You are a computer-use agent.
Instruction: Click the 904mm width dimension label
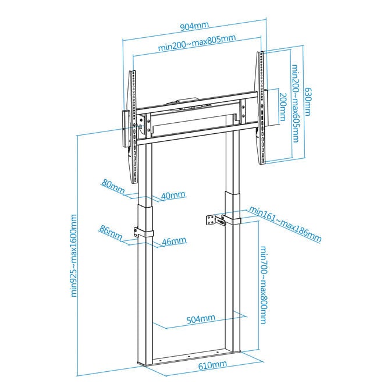pos(194,26)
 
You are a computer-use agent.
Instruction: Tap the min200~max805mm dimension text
pos(197,42)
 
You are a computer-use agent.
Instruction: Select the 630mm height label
pos(308,101)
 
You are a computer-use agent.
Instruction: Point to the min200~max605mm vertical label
pos(295,104)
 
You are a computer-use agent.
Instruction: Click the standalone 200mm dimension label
pos(283,107)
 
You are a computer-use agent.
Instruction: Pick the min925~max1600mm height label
pos(74,255)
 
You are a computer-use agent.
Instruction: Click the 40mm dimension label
pos(173,195)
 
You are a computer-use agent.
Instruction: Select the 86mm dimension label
pos(111,233)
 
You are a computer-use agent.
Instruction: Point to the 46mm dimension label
pos(174,241)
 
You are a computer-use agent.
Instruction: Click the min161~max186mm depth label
pos(285,224)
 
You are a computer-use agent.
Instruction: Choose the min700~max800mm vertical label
pos(264,285)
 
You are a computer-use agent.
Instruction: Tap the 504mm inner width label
pos(201,319)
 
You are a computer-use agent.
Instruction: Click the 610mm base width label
pos(213,365)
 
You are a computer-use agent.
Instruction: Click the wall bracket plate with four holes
pos(211,221)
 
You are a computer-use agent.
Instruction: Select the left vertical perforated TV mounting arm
pos(133,127)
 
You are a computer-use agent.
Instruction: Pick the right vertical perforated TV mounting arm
pos(260,108)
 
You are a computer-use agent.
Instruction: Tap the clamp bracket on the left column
pos(144,233)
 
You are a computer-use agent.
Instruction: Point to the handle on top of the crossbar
pos(187,100)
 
